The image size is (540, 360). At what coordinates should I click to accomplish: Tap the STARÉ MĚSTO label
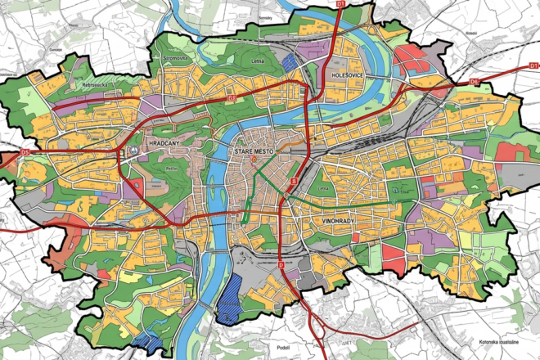coord(254,152)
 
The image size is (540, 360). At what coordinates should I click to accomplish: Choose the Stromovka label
coord(177,59)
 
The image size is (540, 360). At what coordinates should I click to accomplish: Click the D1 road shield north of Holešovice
coord(341,5)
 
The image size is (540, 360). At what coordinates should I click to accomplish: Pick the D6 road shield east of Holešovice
coord(475,83)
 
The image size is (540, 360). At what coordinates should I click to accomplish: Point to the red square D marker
coord(281,266)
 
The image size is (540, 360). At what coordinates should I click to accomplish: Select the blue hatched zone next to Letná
coord(290,59)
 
